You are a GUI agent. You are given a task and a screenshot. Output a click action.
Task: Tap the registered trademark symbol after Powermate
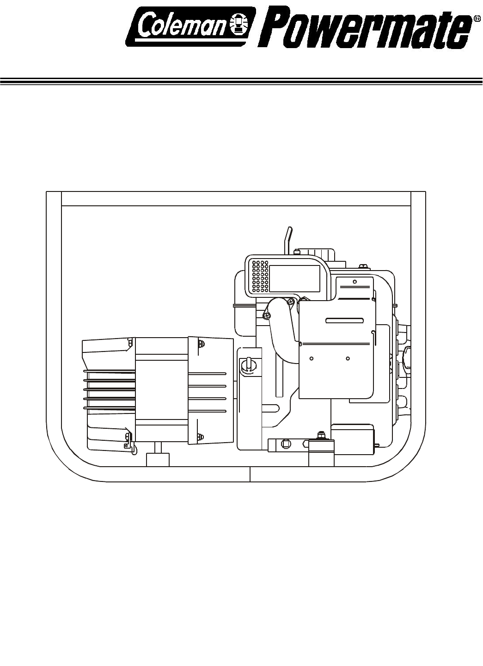[x=477, y=18]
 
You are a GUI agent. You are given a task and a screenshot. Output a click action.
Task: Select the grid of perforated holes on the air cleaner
[x=259, y=276]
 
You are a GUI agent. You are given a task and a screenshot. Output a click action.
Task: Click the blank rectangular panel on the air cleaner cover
[x=294, y=278]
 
